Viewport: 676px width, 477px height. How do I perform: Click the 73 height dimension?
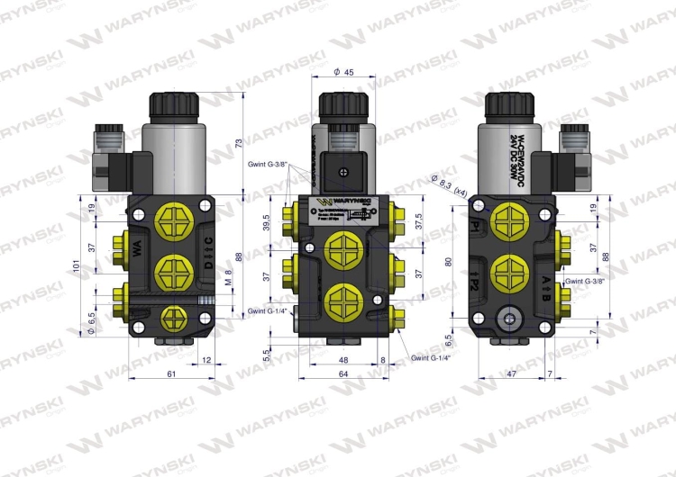click(x=239, y=142)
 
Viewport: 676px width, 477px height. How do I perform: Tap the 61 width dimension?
click(x=170, y=372)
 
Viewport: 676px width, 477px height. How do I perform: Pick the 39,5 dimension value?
click(x=266, y=221)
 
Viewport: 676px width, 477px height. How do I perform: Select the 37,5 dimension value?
click(x=417, y=221)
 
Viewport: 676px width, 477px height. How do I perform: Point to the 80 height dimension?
click(x=449, y=262)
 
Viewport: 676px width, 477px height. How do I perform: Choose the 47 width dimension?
click(x=510, y=372)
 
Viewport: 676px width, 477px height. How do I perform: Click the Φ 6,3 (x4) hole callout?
click(x=448, y=184)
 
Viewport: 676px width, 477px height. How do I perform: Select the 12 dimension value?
click(x=208, y=361)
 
